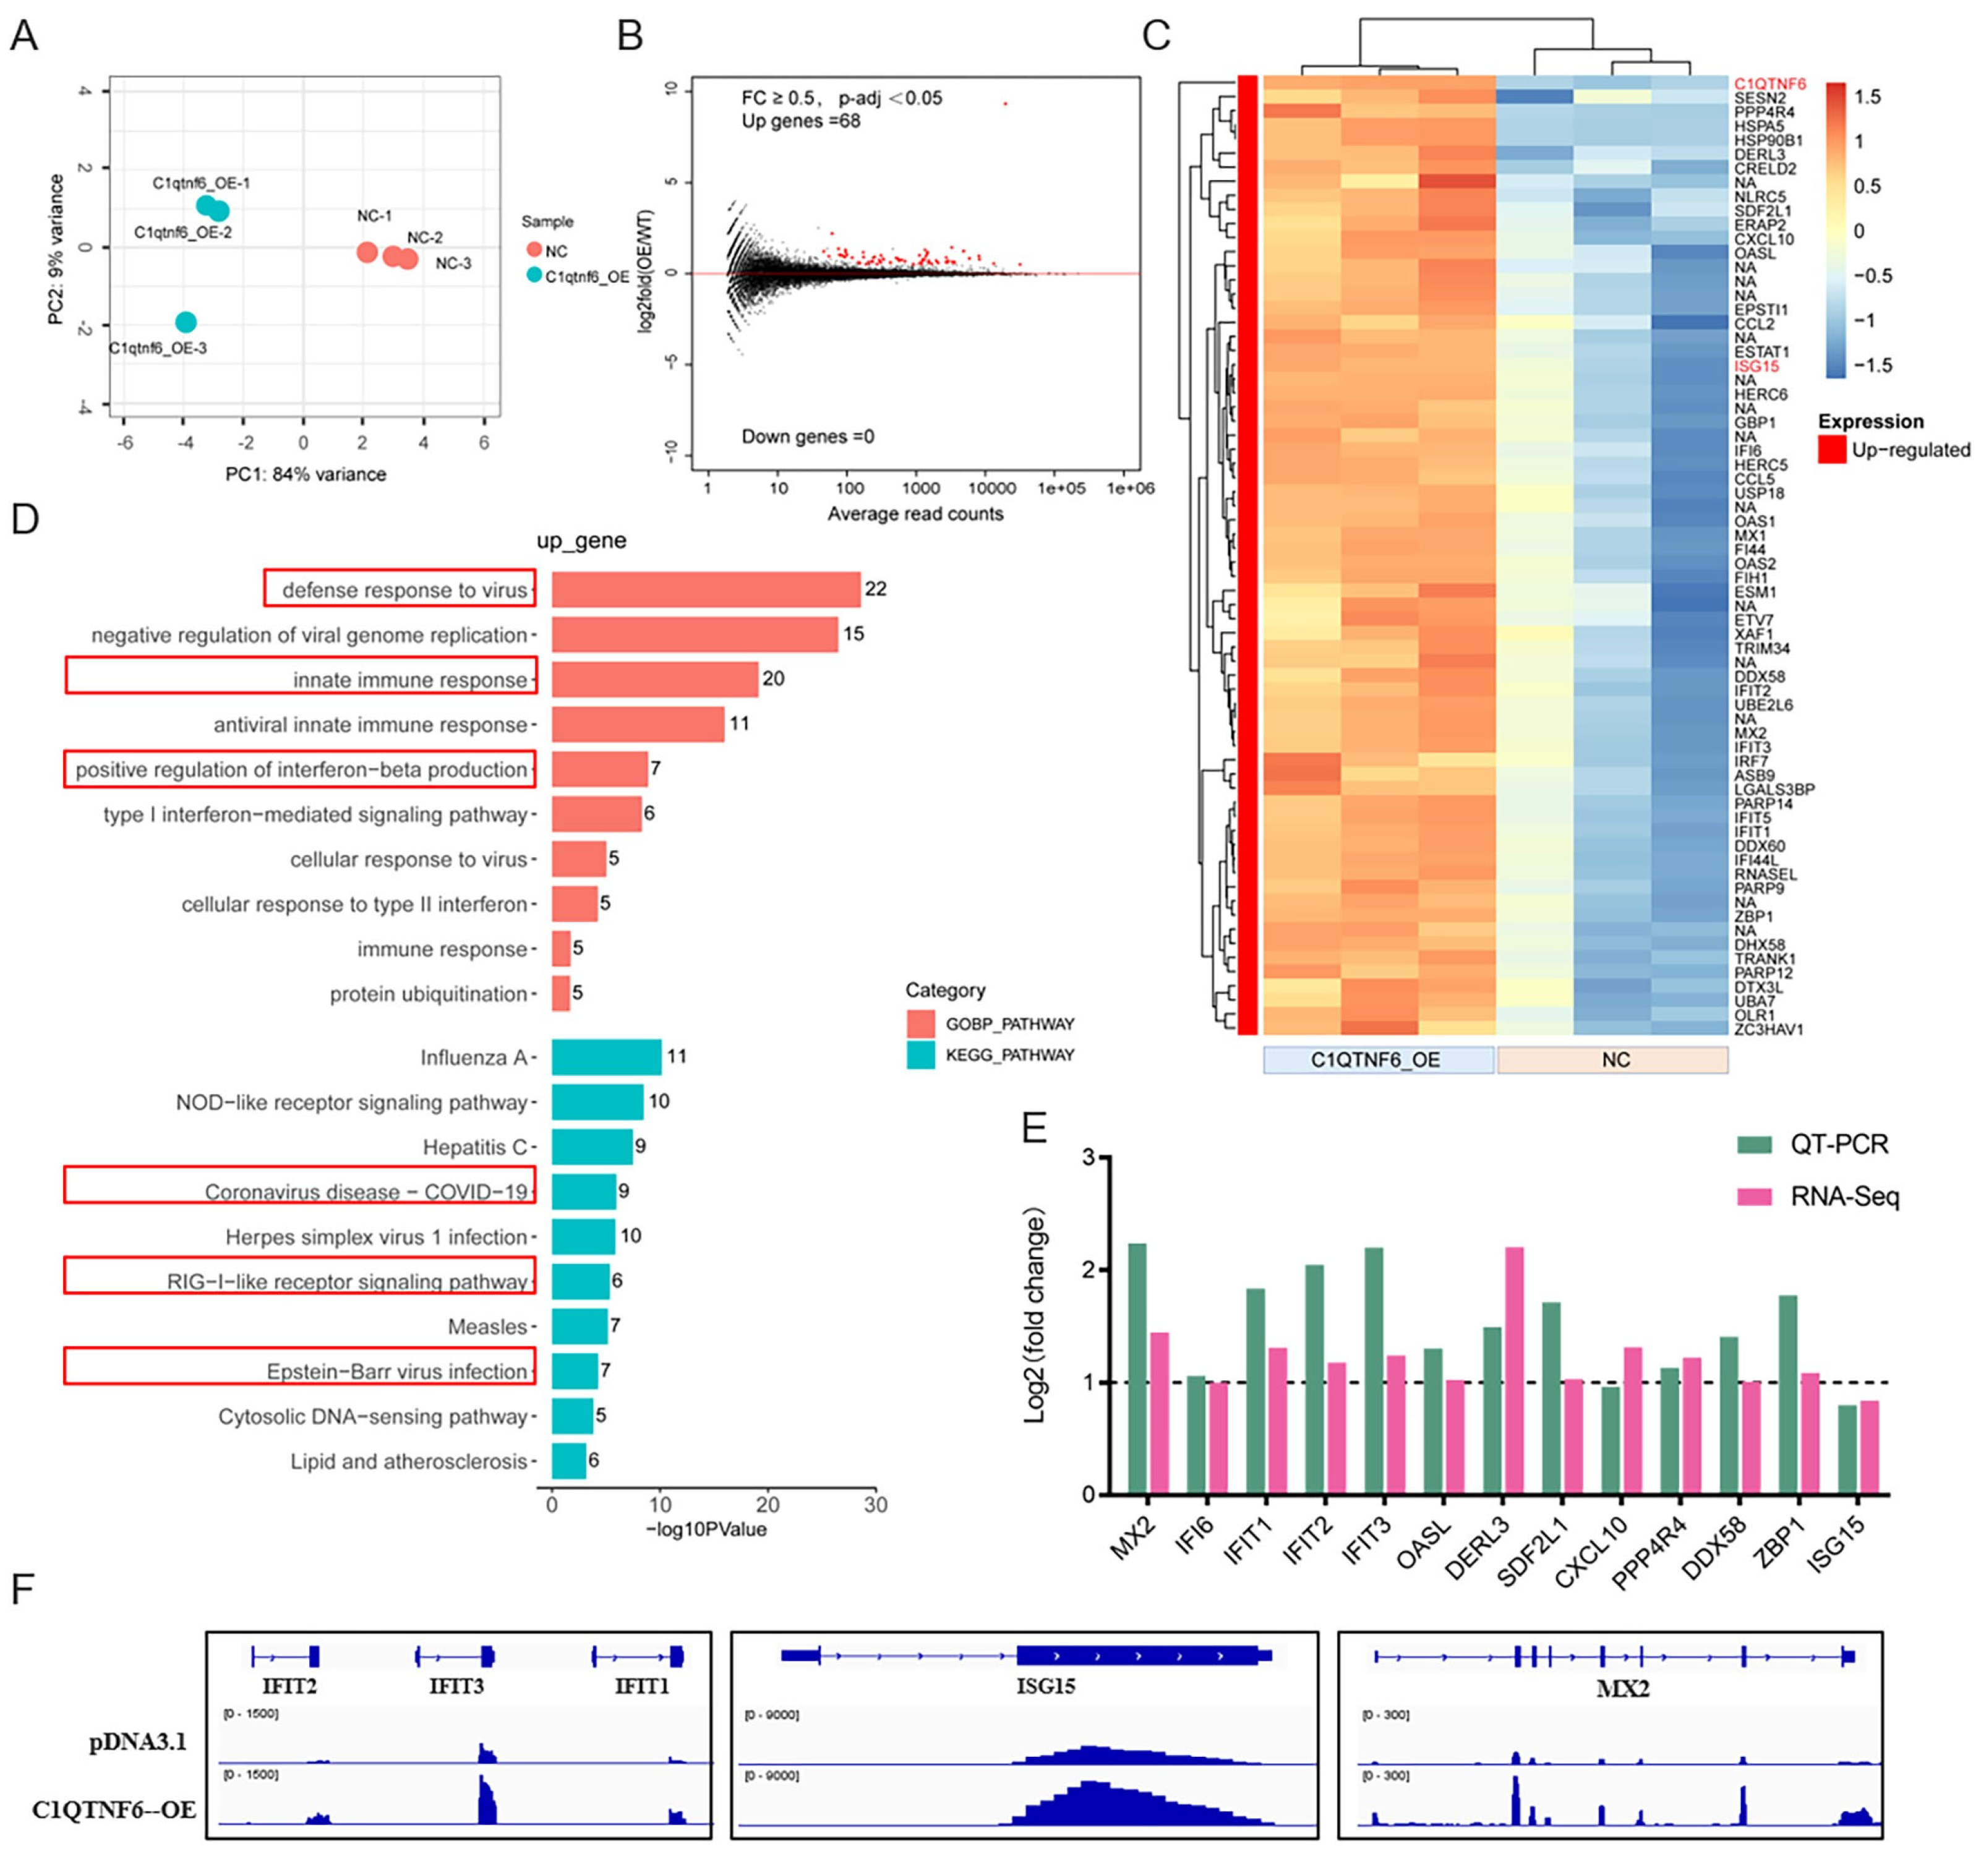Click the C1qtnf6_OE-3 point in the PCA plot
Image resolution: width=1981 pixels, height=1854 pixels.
(x=186, y=322)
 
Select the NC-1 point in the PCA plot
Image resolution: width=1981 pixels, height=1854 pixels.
(x=367, y=252)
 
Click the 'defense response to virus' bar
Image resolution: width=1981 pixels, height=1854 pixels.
(x=706, y=589)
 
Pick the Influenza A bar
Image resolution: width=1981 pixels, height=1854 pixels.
(x=606, y=1056)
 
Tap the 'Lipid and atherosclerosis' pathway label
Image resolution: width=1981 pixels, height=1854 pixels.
(x=409, y=1461)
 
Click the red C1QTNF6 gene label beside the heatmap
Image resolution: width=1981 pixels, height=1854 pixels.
(x=1769, y=85)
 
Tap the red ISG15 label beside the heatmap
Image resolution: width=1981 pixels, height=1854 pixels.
(x=1756, y=365)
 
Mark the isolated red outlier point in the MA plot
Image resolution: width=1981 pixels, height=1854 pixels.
(x=1006, y=103)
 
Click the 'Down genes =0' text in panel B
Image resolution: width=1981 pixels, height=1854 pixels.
(x=807, y=437)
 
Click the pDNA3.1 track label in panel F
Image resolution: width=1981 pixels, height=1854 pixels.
(x=137, y=1741)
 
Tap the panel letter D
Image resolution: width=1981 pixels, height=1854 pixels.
(x=24, y=520)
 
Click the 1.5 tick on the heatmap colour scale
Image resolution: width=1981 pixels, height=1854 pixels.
(x=1867, y=96)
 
